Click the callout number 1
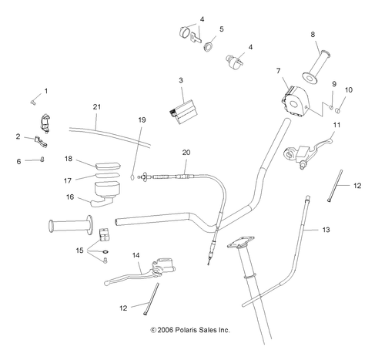[45, 91]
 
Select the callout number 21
[97, 106]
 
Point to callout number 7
[279, 72]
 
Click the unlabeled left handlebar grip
[69, 227]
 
